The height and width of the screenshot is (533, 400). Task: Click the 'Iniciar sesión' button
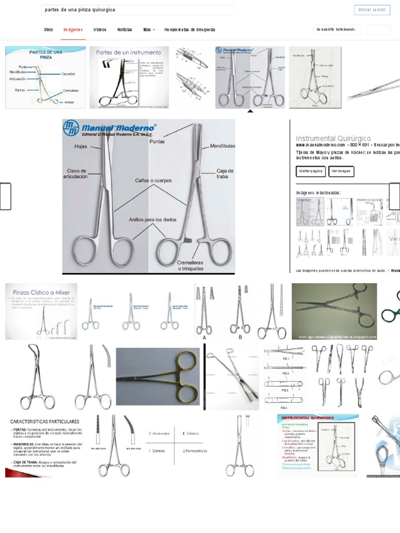[x=372, y=10]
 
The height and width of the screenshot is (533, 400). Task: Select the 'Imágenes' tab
[x=73, y=30]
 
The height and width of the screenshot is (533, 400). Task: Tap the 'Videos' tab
[x=100, y=30]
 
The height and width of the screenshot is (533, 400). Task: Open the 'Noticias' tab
[x=124, y=30]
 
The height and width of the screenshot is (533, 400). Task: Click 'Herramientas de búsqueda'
[x=190, y=30]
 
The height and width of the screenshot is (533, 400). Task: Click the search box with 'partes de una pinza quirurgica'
[x=138, y=10]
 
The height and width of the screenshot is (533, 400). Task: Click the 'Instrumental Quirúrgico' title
[x=333, y=138]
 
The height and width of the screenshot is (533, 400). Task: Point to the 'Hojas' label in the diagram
[x=81, y=147]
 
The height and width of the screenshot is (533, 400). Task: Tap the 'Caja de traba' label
[x=225, y=174]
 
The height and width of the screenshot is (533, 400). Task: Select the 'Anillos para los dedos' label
[x=153, y=220]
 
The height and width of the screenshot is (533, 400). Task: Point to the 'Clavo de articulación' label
[x=77, y=173]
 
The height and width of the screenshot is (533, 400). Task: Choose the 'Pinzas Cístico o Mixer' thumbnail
[x=41, y=311]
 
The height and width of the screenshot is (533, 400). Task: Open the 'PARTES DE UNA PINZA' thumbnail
[x=45, y=77]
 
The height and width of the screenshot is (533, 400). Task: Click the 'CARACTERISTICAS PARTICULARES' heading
[x=45, y=421]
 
